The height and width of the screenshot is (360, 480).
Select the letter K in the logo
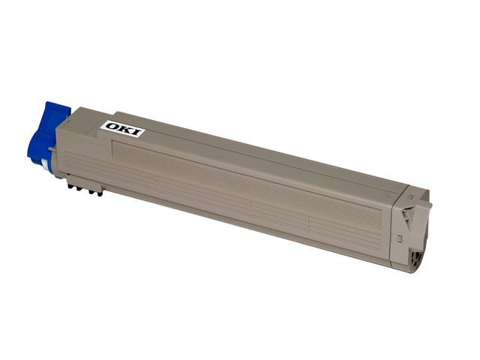click(x=125, y=130)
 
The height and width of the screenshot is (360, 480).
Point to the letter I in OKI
click(x=136, y=133)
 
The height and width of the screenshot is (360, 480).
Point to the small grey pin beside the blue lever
click(x=52, y=149)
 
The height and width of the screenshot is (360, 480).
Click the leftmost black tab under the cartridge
click(x=70, y=185)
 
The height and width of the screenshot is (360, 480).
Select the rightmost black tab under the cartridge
click(x=100, y=193)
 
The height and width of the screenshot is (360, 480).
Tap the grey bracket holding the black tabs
click(x=84, y=183)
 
